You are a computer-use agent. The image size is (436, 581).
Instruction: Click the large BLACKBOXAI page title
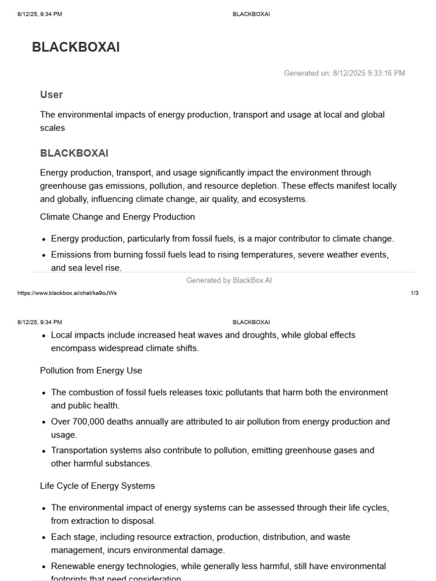(x=76, y=48)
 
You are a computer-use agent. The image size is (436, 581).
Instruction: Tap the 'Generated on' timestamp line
(x=344, y=73)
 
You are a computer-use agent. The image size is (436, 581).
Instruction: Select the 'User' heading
(x=52, y=95)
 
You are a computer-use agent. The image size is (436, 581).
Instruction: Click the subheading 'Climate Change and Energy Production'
(x=118, y=217)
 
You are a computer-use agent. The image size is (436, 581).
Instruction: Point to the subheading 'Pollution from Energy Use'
(x=91, y=371)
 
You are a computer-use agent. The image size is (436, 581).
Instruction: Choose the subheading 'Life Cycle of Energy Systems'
(x=97, y=486)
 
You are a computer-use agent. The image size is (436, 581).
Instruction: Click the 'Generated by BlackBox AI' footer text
(x=229, y=280)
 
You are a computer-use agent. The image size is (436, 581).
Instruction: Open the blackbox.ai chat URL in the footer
(x=68, y=293)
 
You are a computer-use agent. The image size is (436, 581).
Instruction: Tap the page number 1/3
(x=414, y=293)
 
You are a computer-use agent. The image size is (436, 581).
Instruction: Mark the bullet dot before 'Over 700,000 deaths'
(x=44, y=422)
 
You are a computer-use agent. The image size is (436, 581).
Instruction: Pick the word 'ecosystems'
(x=286, y=199)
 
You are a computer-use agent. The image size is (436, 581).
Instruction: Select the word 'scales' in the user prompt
(x=52, y=128)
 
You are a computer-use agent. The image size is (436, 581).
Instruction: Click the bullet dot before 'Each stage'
(x=44, y=537)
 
